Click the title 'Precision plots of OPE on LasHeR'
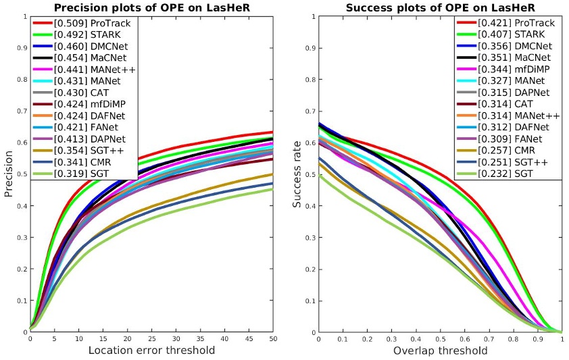[x=151, y=9]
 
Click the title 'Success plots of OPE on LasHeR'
[x=441, y=9]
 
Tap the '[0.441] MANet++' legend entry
[x=88, y=69]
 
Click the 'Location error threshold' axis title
[x=152, y=350]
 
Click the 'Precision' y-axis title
[x=9, y=174]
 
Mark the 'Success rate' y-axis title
[x=297, y=174]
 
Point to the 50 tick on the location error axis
[x=272, y=339]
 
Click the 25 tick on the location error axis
[x=151, y=339]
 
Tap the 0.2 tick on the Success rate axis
[x=310, y=269]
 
